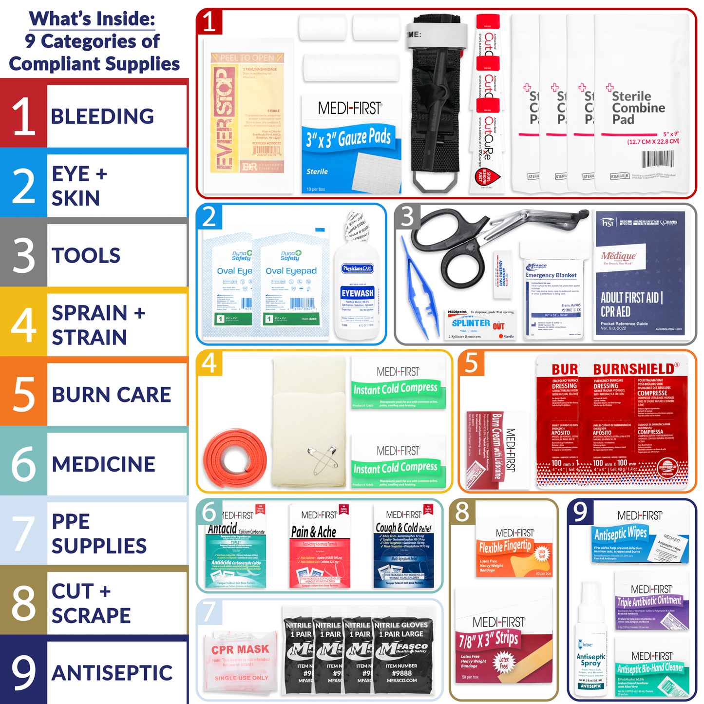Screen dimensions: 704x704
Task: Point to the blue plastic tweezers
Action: pos(415,287)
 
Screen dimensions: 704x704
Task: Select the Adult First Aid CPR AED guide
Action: pos(640,275)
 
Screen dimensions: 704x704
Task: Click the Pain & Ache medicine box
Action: pos(320,546)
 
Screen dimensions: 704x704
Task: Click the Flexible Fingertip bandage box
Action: pos(514,551)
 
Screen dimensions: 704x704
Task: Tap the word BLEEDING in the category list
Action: pos(102,116)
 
